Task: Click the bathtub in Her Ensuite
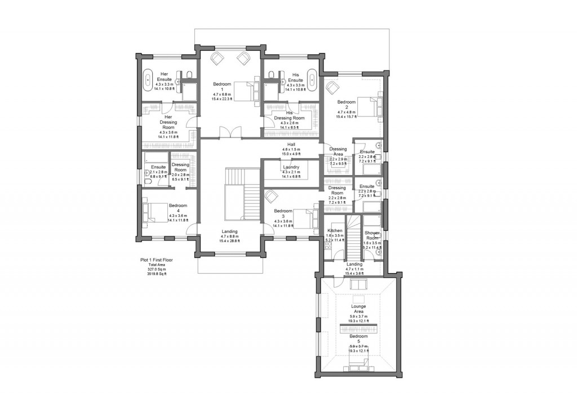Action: (149, 78)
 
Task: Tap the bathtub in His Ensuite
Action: (312, 78)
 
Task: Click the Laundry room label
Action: (290, 167)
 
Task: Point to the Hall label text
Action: (291, 144)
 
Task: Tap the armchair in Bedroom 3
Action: (272, 196)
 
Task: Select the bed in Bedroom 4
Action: (153, 212)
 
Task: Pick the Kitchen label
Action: (335, 231)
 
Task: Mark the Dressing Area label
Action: (338, 152)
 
